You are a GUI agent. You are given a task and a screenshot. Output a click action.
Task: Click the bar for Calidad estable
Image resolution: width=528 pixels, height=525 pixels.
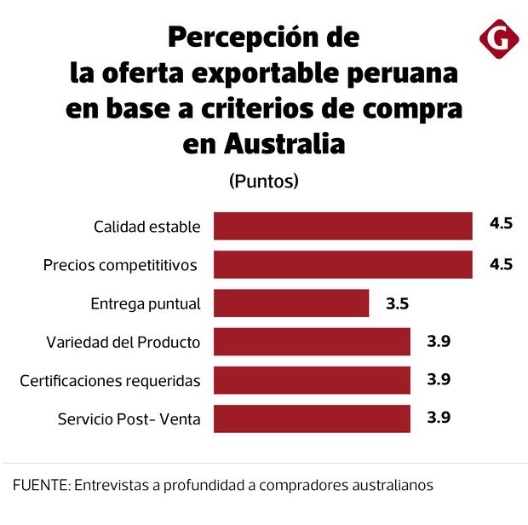(342, 227)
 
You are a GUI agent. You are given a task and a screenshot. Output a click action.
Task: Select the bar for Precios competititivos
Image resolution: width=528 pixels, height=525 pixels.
(342, 265)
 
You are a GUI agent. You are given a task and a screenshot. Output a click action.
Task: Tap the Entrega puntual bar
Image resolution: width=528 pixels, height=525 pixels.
(291, 303)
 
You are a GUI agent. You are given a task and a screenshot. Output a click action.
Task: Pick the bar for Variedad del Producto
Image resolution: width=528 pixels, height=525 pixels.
(312, 342)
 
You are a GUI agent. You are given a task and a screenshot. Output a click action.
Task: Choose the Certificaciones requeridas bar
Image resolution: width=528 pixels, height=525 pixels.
(312, 380)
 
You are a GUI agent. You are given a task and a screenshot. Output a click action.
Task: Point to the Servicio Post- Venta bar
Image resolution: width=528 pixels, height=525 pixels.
(312, 418)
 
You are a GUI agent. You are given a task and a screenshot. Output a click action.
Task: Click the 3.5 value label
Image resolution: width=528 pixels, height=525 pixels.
(397, 302)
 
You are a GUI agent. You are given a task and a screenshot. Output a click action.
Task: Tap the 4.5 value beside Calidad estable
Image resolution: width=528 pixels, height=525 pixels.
(501, 225)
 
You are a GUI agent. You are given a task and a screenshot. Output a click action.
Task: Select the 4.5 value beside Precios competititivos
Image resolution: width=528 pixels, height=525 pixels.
(501, 263)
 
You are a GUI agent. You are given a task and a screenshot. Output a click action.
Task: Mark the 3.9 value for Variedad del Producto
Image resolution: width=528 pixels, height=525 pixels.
(439, 341)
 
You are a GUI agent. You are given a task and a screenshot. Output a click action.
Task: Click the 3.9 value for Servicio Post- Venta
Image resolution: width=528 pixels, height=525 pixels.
(439, 417)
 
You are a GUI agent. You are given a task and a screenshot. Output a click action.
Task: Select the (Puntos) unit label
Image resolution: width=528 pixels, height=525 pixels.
(264, 182)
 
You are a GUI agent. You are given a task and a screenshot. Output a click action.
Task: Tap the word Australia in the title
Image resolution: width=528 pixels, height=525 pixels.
(284, 144)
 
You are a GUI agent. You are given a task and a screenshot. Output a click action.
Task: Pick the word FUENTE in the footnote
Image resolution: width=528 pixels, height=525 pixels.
(39, 485)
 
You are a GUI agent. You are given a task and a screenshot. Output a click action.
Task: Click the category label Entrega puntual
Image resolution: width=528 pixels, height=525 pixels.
(146, 304)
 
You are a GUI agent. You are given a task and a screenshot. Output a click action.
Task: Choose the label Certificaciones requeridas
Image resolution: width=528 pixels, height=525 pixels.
(110, 381)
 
